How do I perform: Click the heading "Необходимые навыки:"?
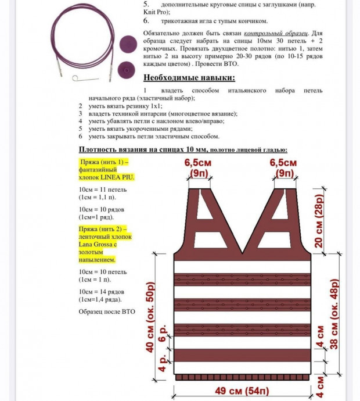point(189,78)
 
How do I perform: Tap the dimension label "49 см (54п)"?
point(239,391)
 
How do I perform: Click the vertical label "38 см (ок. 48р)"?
point(334,314)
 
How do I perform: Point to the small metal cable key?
point(81,78)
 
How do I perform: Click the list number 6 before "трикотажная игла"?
point(146,20)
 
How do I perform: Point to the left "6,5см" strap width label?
point(198,163)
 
